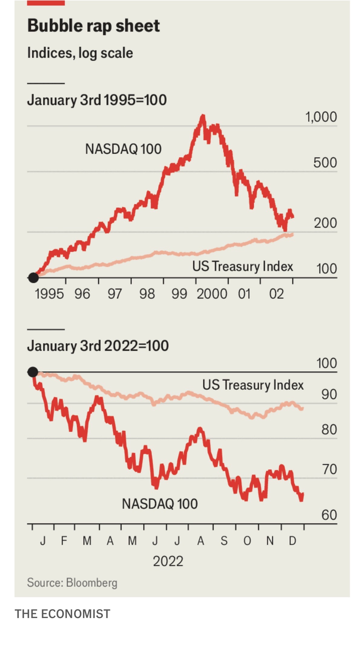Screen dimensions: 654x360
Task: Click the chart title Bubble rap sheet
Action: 93,26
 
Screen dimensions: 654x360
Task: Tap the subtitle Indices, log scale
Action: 80,53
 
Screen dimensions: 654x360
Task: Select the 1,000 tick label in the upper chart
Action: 321,117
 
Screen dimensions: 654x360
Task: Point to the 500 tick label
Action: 325,163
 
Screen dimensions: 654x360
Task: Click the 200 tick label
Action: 325,223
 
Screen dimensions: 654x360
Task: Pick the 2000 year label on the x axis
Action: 212,294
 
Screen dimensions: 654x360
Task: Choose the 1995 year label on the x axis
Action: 49,294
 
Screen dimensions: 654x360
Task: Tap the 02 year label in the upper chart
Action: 277,294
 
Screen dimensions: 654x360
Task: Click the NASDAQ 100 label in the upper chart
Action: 123,149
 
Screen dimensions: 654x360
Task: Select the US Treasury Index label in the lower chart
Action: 253,385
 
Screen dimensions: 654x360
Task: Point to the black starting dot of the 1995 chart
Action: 33,277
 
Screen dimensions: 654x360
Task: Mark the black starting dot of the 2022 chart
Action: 33,372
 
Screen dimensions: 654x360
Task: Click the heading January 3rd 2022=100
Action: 98,346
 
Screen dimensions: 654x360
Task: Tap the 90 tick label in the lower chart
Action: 329,395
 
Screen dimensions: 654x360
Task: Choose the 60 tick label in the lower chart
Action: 329,515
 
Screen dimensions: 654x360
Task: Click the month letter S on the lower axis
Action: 224,541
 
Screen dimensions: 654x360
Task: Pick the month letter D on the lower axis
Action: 292,541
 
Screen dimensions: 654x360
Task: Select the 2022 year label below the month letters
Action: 168,561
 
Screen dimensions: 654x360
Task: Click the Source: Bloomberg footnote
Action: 72,582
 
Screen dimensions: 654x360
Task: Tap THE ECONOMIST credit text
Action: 63,614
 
